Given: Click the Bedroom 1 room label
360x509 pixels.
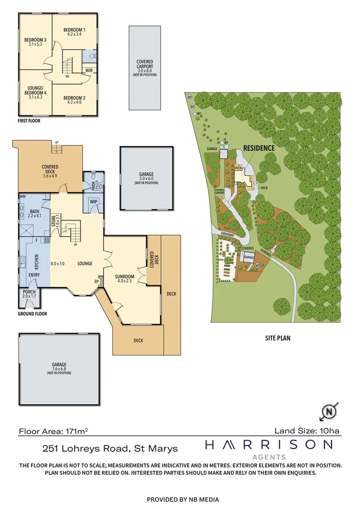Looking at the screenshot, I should pos(74,30).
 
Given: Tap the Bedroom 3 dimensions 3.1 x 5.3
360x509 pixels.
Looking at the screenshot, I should pos(35,44).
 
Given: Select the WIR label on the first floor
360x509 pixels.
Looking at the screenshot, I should pos(88,70).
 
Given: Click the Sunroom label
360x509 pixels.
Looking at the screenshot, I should pos(125,277).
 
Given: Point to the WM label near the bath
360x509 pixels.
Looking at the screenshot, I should pos(22,196).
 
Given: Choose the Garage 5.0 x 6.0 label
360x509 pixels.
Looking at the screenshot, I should pos(146,177).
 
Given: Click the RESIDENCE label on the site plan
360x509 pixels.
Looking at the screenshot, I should pos(259,148).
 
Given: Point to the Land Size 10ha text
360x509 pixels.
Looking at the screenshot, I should pos(307,430).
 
